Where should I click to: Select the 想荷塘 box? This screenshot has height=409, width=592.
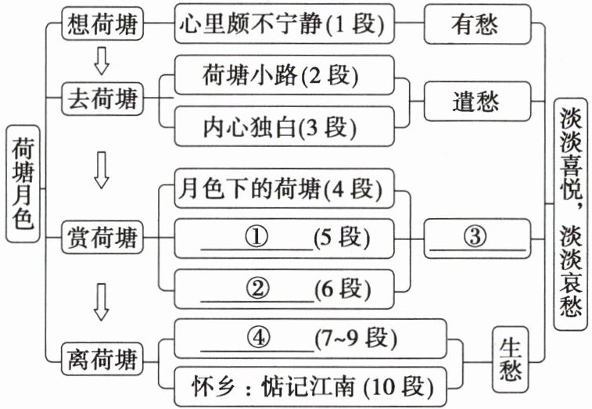coord(103,26)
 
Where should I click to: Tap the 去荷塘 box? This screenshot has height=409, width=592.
coord(103,99)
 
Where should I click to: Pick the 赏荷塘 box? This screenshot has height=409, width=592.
coord(103,235)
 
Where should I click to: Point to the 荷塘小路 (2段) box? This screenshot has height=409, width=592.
coord(282,77)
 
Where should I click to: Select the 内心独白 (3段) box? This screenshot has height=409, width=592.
coord(282,127)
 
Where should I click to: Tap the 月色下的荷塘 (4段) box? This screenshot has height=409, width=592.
coord(282,190)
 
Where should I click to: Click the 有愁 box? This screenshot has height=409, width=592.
coord(475,26)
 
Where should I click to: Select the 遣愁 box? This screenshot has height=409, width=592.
coord(475,102)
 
